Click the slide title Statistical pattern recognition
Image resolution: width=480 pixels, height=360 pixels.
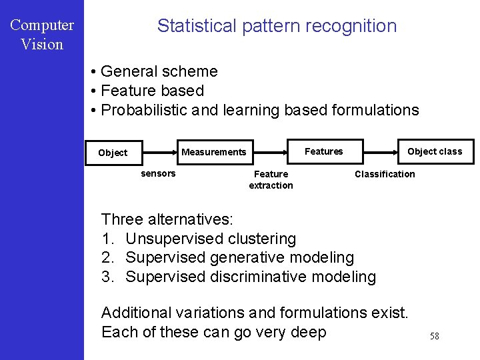277,26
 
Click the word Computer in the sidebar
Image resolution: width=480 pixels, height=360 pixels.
42,25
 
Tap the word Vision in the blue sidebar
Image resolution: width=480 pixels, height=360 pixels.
42,45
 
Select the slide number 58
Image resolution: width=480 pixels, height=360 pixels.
434,336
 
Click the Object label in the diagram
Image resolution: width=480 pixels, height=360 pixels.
113,153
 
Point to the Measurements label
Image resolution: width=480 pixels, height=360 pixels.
213,152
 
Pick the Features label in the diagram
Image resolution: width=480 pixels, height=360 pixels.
323,151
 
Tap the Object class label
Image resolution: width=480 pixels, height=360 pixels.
435,151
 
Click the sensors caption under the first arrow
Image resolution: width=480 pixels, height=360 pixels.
158,173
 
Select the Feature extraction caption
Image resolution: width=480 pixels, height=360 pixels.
271,179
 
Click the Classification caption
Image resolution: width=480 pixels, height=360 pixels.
384,174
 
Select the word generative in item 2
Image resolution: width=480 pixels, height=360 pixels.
248,257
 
